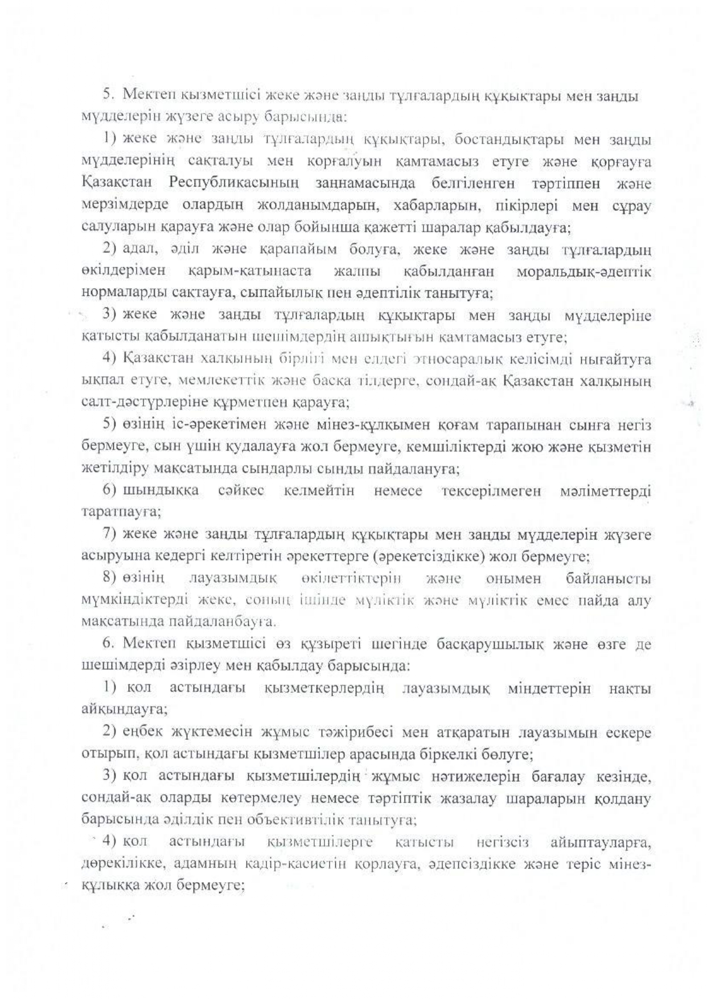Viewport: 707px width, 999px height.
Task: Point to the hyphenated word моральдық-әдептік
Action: coord(583,271)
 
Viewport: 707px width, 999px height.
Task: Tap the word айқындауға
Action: coord(125,710)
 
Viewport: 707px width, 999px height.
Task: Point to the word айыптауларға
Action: coord(602,842)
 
